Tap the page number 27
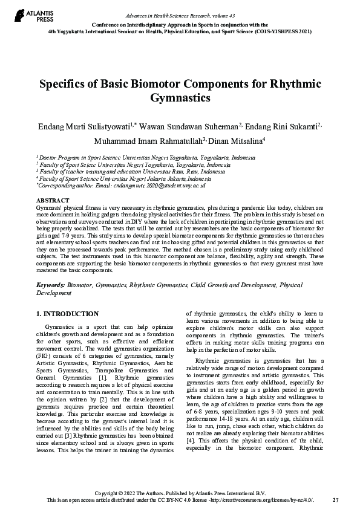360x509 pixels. [336, 501]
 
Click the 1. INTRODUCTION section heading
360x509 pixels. [67, 314]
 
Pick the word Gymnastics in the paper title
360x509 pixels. [179, 97]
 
